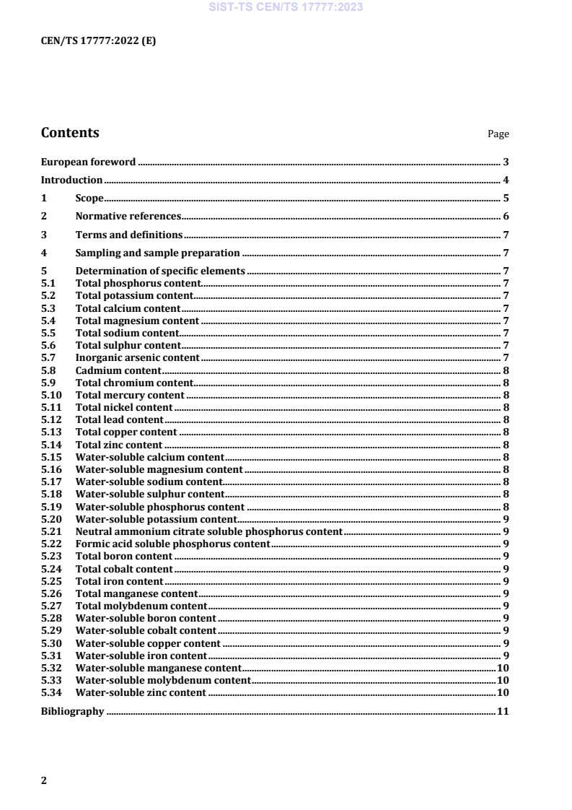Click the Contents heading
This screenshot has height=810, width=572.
[70, 133]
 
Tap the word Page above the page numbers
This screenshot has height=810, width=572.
[498, 134]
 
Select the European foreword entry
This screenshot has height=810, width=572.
[88, 162]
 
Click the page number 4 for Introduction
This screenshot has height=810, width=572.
[506, 180]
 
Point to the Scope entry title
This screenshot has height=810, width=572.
[89, 198]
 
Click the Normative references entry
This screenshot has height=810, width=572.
[128, 216]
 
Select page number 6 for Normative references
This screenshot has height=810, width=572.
[506, 216]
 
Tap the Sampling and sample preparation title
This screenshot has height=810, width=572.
[157, 253]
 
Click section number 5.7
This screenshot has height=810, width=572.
[48, 357]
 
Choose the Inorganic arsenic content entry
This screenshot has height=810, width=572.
[137, 357]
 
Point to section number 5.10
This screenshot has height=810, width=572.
[50, 395]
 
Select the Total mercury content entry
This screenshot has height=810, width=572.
[130, 395]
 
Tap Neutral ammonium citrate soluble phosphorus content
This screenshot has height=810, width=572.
[208, 531]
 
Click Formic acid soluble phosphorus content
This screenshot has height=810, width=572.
[172, 544]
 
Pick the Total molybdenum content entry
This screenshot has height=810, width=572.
[141, 606]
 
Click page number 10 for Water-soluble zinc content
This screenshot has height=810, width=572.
[503, 692]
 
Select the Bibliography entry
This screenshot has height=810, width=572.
[72, 712]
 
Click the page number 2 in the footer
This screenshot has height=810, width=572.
[44, 780]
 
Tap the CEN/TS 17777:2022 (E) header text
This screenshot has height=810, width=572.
[98, 40]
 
